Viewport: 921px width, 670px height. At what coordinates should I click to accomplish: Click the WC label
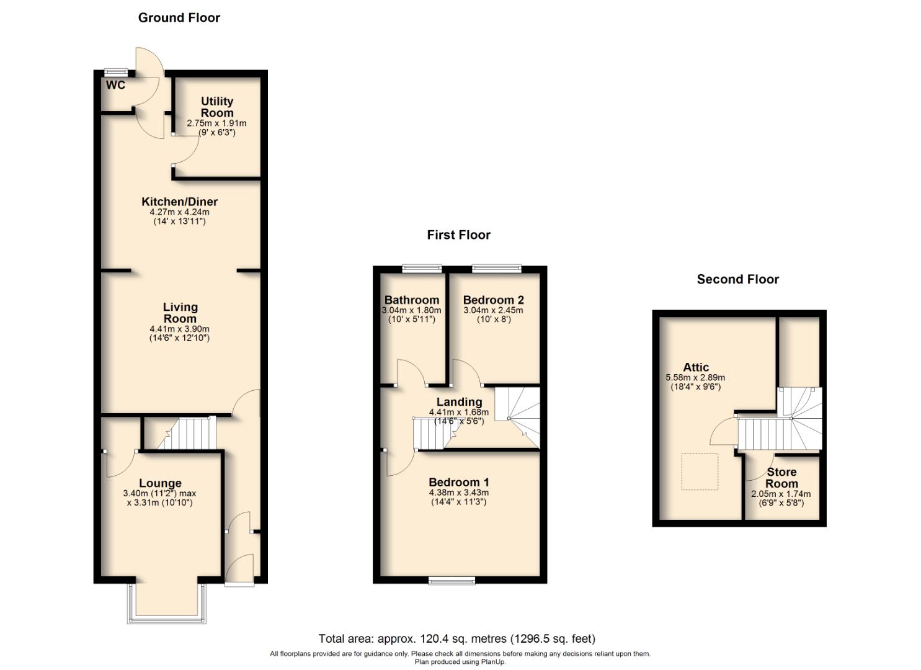coord(115,86)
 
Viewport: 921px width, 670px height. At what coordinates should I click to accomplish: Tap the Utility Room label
coord(217,107)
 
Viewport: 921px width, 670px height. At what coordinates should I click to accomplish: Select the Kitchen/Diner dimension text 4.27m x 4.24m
coord(180,212)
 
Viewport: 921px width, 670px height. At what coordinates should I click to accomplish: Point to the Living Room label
coord(180,312)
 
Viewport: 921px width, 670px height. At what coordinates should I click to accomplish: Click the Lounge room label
coord(160,483)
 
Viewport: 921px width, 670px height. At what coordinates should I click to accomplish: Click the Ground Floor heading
coord(179,18)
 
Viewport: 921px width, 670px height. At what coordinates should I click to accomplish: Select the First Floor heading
coord(458,235)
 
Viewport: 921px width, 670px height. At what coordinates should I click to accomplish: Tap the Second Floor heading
coord(737,279)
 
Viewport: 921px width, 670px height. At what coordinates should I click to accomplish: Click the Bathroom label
coord(411,300)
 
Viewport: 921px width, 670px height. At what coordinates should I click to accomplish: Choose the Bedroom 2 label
coord(493,300)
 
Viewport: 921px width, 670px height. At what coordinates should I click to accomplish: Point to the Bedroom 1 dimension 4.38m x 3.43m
coord(459,493)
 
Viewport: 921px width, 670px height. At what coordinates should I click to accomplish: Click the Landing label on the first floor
coord(459,402)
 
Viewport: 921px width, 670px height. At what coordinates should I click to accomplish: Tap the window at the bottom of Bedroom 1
coord(452,581)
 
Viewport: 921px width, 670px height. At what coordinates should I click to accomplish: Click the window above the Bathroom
coord(422,269)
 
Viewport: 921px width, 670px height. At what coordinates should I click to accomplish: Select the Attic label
coord(696,367)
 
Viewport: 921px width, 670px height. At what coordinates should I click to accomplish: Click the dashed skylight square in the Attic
coord(700,471)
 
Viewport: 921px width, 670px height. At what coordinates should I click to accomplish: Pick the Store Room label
coord(781,478)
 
